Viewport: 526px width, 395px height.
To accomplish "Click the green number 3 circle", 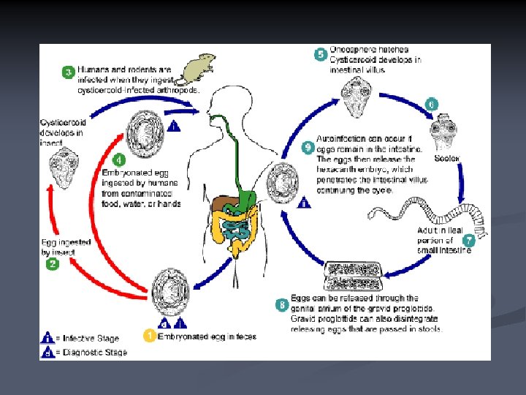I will click(x=67, y=73).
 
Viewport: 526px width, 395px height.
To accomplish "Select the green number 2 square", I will click(x=53, y=265).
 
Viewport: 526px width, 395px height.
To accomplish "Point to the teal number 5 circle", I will click(x=319, y=54).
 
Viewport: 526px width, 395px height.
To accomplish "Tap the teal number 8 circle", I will click(x=282, y=303).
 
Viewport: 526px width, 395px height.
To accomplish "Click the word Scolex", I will click(x=446, y=159).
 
